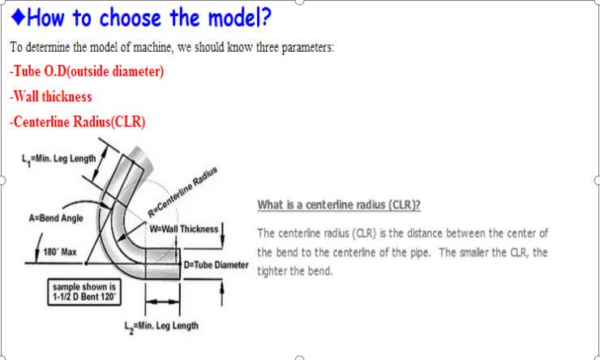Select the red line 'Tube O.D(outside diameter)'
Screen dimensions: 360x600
(87, 71)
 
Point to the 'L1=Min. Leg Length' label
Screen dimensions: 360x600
(58, 157)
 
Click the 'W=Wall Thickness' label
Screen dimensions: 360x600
(185, 229)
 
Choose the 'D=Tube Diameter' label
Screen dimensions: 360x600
(216, 265)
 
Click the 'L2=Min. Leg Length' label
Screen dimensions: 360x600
(161, 326)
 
